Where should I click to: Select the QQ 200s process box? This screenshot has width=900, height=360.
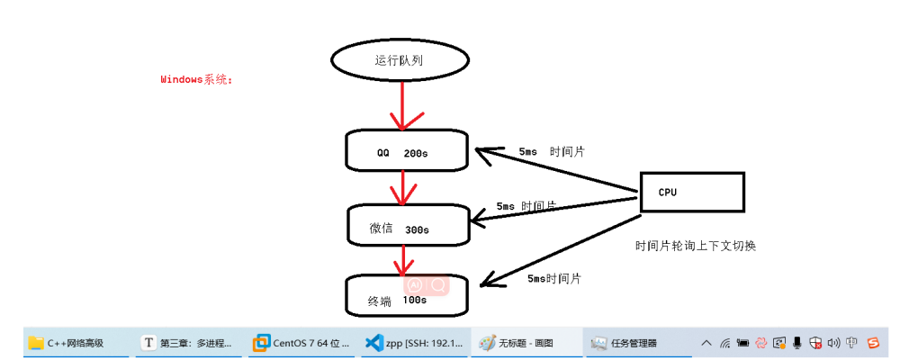click(x=407, y=152)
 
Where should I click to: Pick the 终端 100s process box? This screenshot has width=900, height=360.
click(x=407, y=295)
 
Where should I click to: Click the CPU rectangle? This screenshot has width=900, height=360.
click(x=691, y=192)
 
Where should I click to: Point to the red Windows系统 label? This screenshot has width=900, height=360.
click(x=196, y=79)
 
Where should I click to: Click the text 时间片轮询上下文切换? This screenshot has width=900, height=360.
click(x=695, y=245)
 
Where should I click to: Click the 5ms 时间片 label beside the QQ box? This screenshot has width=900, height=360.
click(x=551, y=151)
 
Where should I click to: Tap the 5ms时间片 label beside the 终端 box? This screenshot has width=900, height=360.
click(x=553, y=279)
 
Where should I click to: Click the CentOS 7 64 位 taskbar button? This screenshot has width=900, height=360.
click(x=299, y=343)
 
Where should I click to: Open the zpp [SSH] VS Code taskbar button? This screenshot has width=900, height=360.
click(x=414, y=343)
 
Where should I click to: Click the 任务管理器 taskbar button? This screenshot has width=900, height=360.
click(x=625, y=343)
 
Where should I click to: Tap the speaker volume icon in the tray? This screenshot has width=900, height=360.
click(x=833, y=343)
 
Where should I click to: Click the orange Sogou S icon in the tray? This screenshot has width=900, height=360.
click(x=872, y=343)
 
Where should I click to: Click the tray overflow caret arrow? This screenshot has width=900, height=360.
click(x=706, y=343)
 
